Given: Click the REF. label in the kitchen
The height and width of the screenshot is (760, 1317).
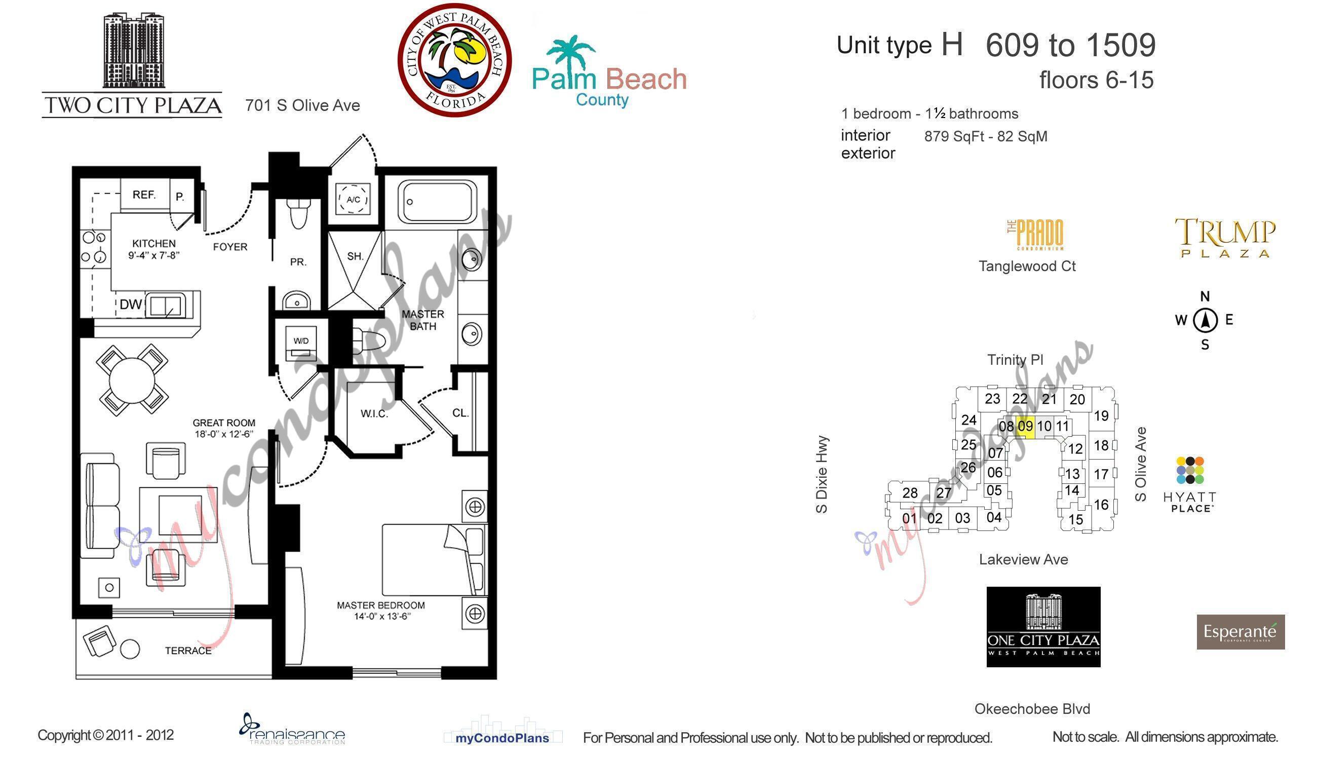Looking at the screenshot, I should coord(144,195).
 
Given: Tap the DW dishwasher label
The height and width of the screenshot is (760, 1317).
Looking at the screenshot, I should coord(131,305).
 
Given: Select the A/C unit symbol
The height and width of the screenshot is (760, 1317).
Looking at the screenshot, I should coord(353,200).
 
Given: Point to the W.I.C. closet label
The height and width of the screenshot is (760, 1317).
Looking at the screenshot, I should coord(374,414).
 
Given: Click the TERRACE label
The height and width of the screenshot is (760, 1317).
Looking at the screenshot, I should coord(188,651).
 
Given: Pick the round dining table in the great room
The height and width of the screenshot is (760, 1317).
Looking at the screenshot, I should coord(133,378).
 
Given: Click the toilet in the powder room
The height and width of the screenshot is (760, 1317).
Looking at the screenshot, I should coord(298,214).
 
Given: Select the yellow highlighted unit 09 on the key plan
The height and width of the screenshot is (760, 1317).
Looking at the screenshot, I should coord(1025,426).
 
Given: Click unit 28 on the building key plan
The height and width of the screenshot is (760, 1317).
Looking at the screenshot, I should coord(910,493).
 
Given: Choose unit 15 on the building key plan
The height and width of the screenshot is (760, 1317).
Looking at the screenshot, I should coord(1075,519).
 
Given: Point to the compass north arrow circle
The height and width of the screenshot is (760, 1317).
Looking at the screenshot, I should coord(1205,320).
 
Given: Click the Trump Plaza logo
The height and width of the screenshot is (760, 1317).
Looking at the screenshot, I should coord(1225,238).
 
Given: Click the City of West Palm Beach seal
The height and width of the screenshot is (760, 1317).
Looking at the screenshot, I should coord(454,60).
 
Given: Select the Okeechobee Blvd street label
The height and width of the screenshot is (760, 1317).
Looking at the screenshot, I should coord(1032,709).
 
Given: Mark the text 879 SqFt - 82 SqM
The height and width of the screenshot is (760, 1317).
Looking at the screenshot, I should coord(986,137).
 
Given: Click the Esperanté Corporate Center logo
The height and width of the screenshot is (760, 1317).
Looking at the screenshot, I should coord(1241,632).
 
